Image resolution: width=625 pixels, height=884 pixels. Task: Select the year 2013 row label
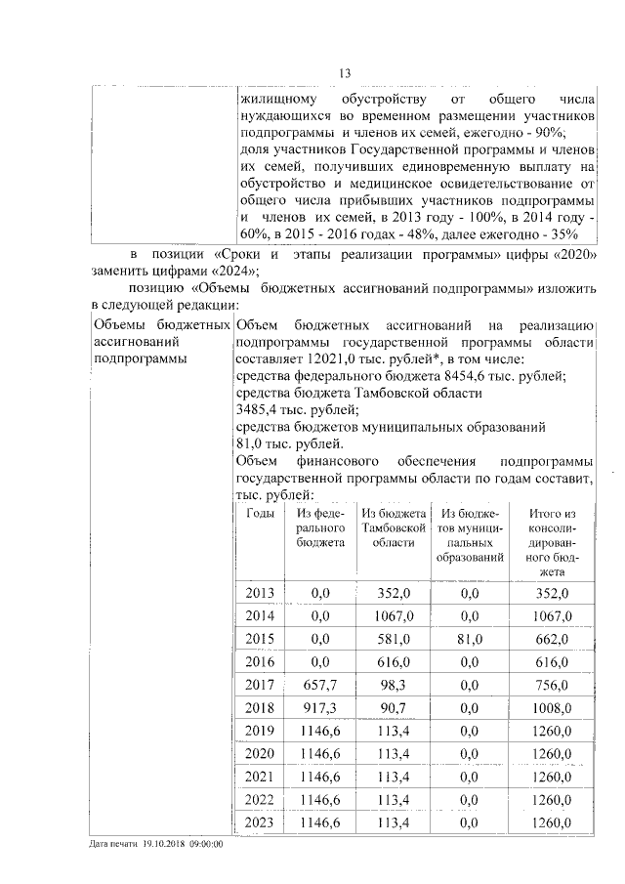point(260,593)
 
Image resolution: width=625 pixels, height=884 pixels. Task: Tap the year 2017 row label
point(260,685)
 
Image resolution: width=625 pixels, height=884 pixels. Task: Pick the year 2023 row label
point(260,823)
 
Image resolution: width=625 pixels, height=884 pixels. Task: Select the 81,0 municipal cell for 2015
point(470,639)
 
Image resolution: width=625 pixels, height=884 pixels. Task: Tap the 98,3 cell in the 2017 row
point(395,685)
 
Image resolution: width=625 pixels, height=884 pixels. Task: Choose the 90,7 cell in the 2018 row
point(395,708)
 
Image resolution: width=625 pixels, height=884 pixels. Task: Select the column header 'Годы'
point(260,514)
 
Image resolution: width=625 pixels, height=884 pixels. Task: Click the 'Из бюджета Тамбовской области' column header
point(395,528)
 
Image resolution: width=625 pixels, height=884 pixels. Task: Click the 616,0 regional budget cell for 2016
point(395,662)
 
